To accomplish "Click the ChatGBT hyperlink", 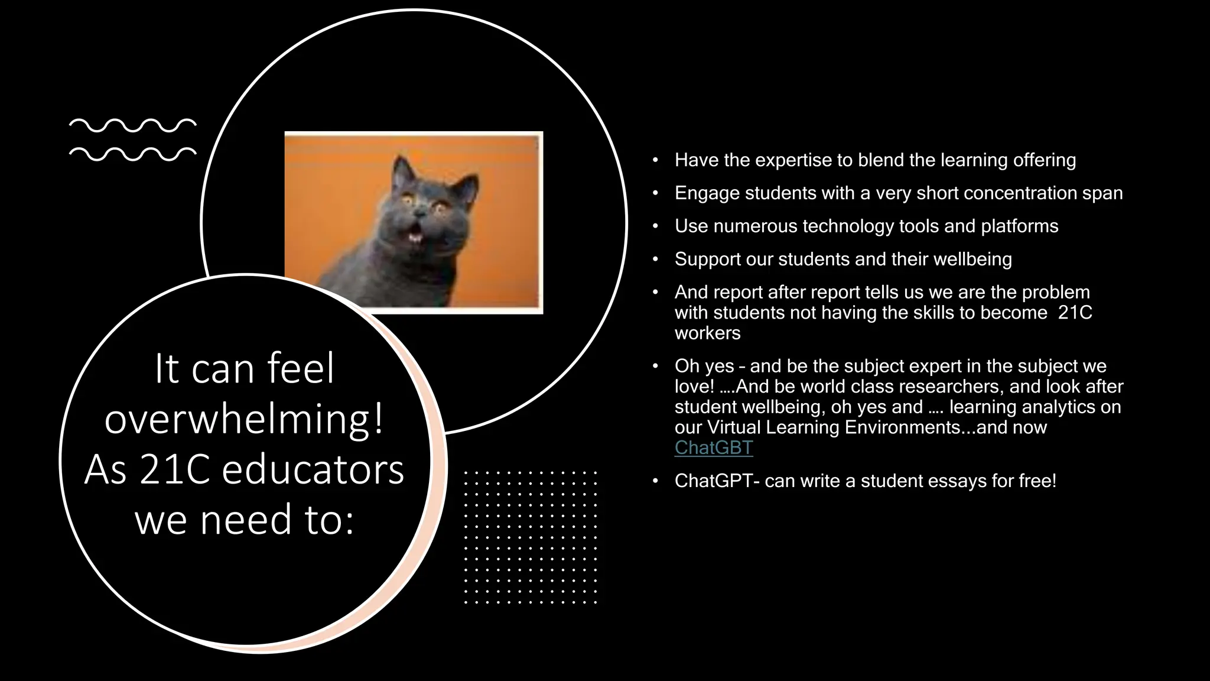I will pos(713,447).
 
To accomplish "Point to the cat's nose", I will pos(420,211).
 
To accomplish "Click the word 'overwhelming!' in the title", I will pos(244,419).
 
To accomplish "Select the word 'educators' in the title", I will pos(313,470).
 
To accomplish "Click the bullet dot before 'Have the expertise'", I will pos(655,160).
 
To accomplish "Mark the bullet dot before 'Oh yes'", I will pos(655,367).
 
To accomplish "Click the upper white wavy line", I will pos(132,125).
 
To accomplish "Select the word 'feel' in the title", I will pos(301,368).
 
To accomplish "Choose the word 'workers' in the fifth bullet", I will pos(707,333).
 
